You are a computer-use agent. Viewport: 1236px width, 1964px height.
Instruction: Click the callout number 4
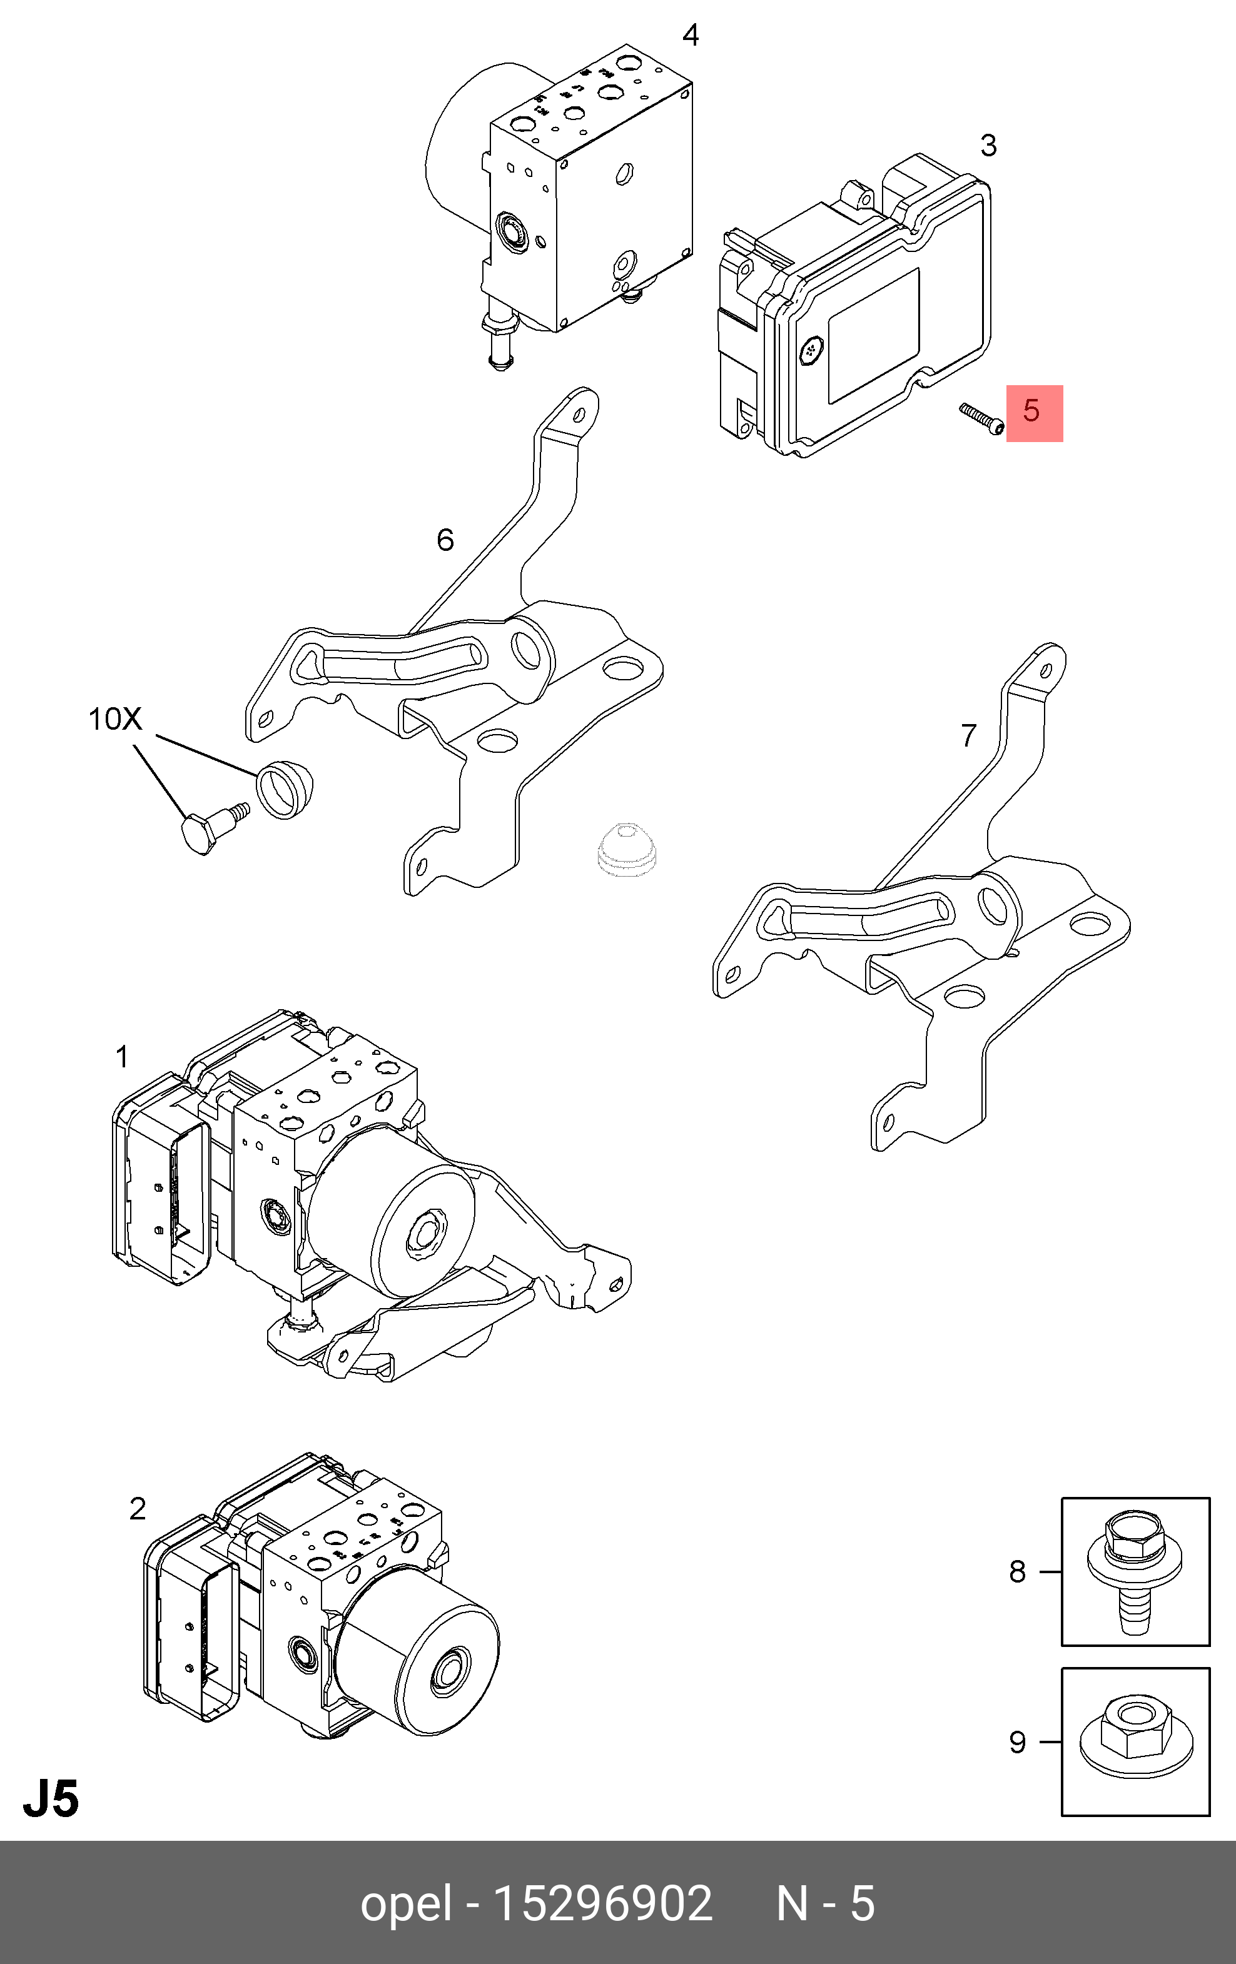point(690,36)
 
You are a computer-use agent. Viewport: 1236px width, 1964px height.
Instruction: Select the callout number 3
point(988,146)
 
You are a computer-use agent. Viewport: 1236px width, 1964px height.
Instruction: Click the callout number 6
point(445,540)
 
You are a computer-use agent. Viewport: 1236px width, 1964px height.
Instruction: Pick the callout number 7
point(968,736)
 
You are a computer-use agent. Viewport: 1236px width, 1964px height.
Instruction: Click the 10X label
point(115,719)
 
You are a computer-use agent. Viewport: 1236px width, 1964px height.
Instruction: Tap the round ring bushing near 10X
point(287,788)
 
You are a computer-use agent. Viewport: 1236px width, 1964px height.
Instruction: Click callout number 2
point(137,1509)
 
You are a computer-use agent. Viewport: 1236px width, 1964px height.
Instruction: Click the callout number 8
point(1016,1572)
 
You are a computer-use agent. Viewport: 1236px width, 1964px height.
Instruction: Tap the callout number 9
point(1016,1743)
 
